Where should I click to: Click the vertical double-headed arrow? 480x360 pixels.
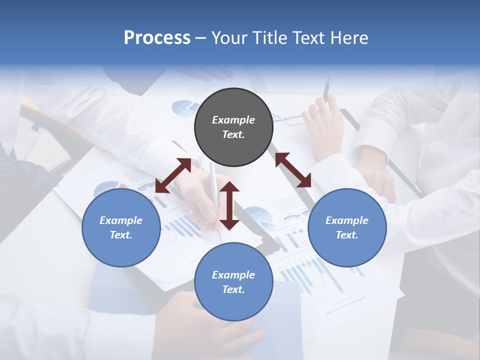pyautogui.click(x=229, y=205)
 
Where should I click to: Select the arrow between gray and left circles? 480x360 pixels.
pyautogui.click(x=173, y=175)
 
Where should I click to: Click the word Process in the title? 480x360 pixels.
pyautogui.click(x=157, y=38)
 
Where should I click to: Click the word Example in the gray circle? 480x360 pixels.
pyautogui.click(x=233, y=120)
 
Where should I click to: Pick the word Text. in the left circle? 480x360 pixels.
pyautogui.click(x=121, y=235)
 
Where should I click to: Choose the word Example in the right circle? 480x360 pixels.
pyautogui.click(x=347, y=220)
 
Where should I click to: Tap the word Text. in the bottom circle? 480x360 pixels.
pyautogui.click(x=233, y=289)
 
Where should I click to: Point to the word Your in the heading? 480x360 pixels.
pyautogui.click(x=228, y=38)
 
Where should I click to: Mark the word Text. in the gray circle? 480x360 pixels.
pyautogui.click(x=233, y=134)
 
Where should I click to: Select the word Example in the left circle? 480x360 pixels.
pyautogui.click(x=121, y=220)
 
